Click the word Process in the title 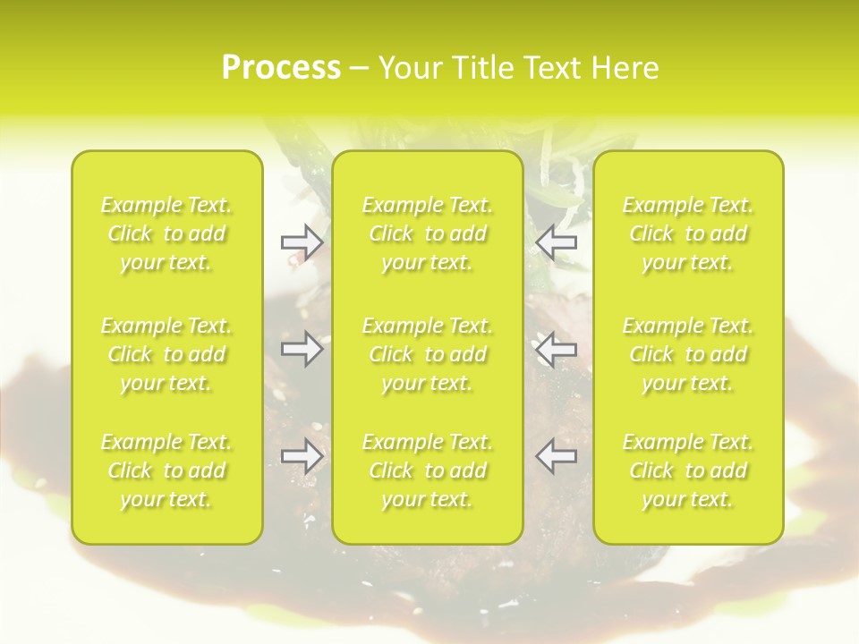point(281,68)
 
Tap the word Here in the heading point(625,68)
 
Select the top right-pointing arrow point(302,241)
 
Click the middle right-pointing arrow point(302,349)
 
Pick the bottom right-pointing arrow point(302,456)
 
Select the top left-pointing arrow point(557,241)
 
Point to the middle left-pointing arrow point(557,349)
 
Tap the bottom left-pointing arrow point(557,456)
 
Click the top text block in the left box point(166,233)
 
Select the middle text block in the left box point(166,354)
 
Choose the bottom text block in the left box point(166,470)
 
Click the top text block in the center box point(428,233)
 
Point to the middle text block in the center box point(428,354)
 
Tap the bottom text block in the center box point(428,470)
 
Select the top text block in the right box point(688,233)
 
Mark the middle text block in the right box point(688,354)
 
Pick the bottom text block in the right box point(688,470)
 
